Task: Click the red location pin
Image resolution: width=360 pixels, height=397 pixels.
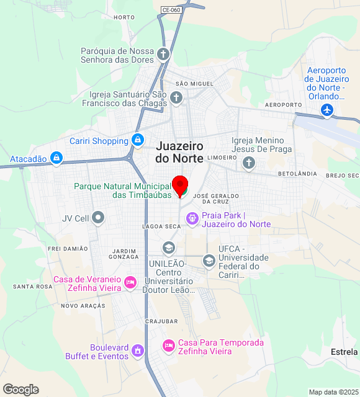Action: [x=180, y=185]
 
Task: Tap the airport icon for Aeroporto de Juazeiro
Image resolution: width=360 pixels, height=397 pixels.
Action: [x=327, y=110]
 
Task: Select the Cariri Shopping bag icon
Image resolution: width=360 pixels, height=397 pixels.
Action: [x=138, y=141]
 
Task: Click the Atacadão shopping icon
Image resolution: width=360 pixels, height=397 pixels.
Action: [x=56, y=159]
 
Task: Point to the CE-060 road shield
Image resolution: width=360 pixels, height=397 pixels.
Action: [x=171, y=10]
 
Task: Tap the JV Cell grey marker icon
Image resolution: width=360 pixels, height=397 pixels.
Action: [x=99, y=218]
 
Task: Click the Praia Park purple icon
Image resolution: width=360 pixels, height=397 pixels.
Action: [x=192, y=217]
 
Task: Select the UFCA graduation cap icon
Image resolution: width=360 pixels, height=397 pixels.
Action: [x=209, y=261]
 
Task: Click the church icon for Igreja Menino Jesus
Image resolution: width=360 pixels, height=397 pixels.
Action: [x=248, y=163]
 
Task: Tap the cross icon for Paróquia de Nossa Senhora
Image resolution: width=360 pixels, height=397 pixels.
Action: [x=163, y=55]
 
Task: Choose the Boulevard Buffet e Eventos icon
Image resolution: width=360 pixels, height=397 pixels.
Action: [x=138, y=351]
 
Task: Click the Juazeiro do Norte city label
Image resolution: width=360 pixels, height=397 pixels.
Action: [x=179, y=152]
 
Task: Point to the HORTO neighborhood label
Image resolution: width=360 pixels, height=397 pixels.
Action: [x=124, y=17]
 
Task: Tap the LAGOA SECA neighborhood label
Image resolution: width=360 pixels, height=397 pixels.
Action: [x=161, y=226]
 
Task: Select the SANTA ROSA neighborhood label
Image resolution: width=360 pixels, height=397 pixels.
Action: [x=32, y=287]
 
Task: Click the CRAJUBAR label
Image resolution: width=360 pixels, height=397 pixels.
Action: [x=161, y=321]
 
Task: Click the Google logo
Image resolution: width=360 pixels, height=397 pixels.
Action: [x=20, y=390]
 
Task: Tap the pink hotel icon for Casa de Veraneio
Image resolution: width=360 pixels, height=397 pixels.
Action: [x=130, y=282]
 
